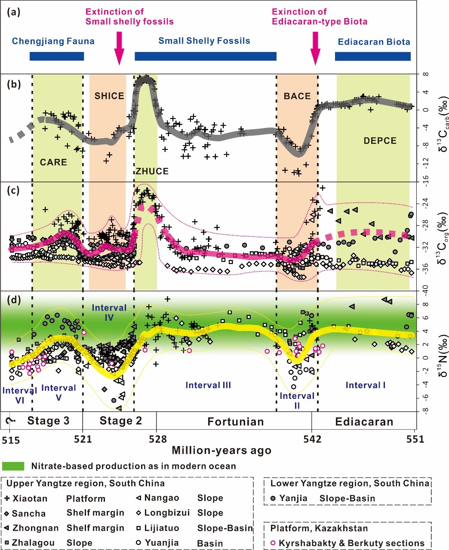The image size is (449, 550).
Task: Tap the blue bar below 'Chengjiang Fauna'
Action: [x=56, y=56]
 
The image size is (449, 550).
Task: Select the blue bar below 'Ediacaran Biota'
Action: [x=372, y=56]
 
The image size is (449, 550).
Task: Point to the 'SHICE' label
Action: [x=109, y=96]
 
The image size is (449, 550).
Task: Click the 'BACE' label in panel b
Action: [x=297, y=96]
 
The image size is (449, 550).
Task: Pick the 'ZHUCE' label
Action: [x=152, y=171]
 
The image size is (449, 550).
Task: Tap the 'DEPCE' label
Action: [x=380, y=141]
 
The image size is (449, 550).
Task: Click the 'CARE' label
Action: [x=53, y=162]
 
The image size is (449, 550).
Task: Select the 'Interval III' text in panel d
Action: [x=208, y=385]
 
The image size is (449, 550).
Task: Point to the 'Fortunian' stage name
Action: [x=235, y=422]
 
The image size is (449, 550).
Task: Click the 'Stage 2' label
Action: [x=120, y=421]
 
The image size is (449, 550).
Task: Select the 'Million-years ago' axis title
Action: [x=221, y=450]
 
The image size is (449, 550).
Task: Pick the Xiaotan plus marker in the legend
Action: [x=8, y=499]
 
